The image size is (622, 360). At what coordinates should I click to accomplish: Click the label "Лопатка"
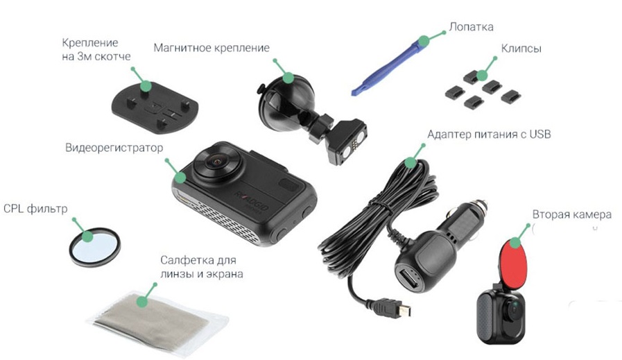click(472, 27)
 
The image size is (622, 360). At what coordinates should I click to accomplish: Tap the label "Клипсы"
click(521, 49)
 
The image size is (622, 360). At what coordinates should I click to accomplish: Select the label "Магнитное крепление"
click(211, 48)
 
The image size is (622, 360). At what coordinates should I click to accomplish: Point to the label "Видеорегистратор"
click(114, 148)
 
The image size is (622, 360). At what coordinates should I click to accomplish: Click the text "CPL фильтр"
click(35, 209)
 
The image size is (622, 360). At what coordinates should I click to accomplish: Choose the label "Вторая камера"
click(571, 215)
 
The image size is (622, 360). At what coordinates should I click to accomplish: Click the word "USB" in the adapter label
click(540, 134)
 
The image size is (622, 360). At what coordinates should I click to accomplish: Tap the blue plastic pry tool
click(390, 65)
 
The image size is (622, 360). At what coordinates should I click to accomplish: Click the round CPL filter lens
click(95, 247)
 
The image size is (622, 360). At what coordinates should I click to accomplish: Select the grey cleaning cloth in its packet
click(157, 320)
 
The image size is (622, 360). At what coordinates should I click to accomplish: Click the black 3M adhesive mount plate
click(155, 108)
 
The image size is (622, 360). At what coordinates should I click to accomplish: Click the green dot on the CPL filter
click(87, 237)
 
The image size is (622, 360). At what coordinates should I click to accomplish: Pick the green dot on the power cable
click(410, 162)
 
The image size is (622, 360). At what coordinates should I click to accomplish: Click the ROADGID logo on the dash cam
click(252, 202)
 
